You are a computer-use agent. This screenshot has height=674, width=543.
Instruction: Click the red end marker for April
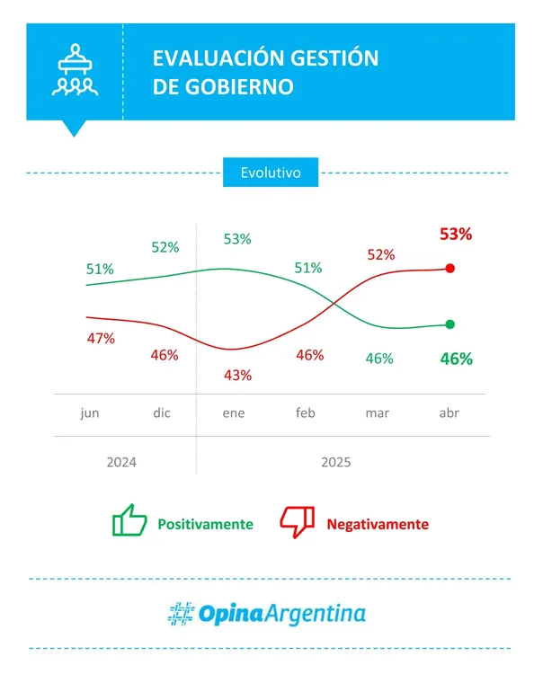coord(450,268)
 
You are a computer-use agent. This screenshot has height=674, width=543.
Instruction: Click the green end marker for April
coord(450,324)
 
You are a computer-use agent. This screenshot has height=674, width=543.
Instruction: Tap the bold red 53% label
coord(456,235)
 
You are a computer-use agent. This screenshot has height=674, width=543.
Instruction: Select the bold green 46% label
coord(456,359)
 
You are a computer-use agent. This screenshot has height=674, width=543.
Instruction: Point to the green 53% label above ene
coord(236,239)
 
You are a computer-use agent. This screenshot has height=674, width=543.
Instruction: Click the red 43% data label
coord(237,375)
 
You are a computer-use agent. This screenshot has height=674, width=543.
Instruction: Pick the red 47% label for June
coord(101,339)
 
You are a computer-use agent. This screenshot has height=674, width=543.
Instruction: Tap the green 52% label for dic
coord(165,247)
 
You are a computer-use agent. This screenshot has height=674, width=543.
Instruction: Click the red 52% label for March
coord(380,254)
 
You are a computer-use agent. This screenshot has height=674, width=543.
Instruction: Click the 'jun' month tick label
coord(90,413)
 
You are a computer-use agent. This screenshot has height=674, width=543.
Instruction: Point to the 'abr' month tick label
coord(450,413)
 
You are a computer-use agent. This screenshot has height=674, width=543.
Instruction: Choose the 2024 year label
coord(121,463)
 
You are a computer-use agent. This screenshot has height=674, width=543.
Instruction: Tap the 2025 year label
coord(336,463)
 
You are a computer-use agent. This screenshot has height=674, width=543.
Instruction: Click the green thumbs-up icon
coord(129,521)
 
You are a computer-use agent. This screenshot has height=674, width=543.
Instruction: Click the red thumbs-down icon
coord(298,521)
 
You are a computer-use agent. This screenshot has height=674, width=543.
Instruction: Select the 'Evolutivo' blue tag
coord(271,172)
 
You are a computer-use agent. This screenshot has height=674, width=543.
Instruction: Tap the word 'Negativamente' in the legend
coord(378,524)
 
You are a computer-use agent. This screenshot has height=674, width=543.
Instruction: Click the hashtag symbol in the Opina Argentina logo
coord(182,614)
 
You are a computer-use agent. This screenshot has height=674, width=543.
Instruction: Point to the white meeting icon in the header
coord(75,70)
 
